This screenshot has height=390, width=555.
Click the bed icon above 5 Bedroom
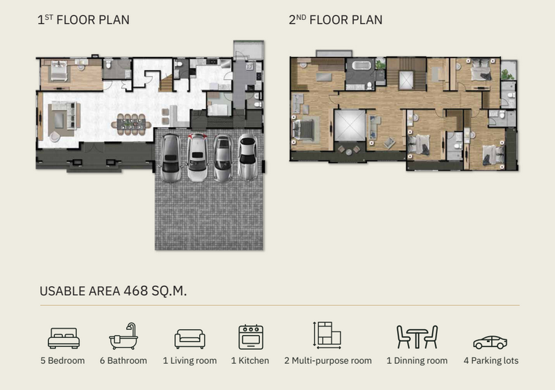pyautogui.click(x=64, y=338)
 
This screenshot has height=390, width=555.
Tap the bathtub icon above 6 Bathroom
pyautogui.click(x=123, y=336)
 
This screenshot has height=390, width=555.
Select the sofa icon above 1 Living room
pyautogui.click(x=189, y=339)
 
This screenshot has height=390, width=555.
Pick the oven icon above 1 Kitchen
pyautogui.click(x=250, y=337)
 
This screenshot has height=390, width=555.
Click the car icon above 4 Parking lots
pyautogui.click(x=490, y=342)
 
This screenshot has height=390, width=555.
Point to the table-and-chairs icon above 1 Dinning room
pyautogui.click(x=418, y=337)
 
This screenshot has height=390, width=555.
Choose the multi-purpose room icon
pyautogui.click(x=327, y=335)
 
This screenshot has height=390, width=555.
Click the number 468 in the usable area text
pyautogui.click(x=136, y=291)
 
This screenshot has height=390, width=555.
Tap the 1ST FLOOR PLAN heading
pyautogui.click(x=83, y=20)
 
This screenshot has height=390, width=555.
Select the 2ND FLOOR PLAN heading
pyautogui.click(x=336, y=20)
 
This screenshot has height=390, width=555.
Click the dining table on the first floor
pyautogui.click(x=131, y=125)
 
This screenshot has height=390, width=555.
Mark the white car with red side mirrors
pyautogui.click(x=197, y=157)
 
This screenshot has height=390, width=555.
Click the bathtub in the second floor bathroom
pyautogui.click(x=361, y=66)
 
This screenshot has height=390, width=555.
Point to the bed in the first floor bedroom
pyautogui.click(x=59, y=71)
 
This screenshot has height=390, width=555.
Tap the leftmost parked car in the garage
pyautogui.click(x=171, y=158)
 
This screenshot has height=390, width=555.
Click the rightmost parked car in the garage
pyautogui.click(x=248, y=157)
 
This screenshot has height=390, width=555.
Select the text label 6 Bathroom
pyautogui.click(x=123, y=361)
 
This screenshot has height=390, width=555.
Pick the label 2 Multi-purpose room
pyautogui.click(x=327, y=361)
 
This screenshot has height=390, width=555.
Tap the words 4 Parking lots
pyautogui.click(x=491, y=361)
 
